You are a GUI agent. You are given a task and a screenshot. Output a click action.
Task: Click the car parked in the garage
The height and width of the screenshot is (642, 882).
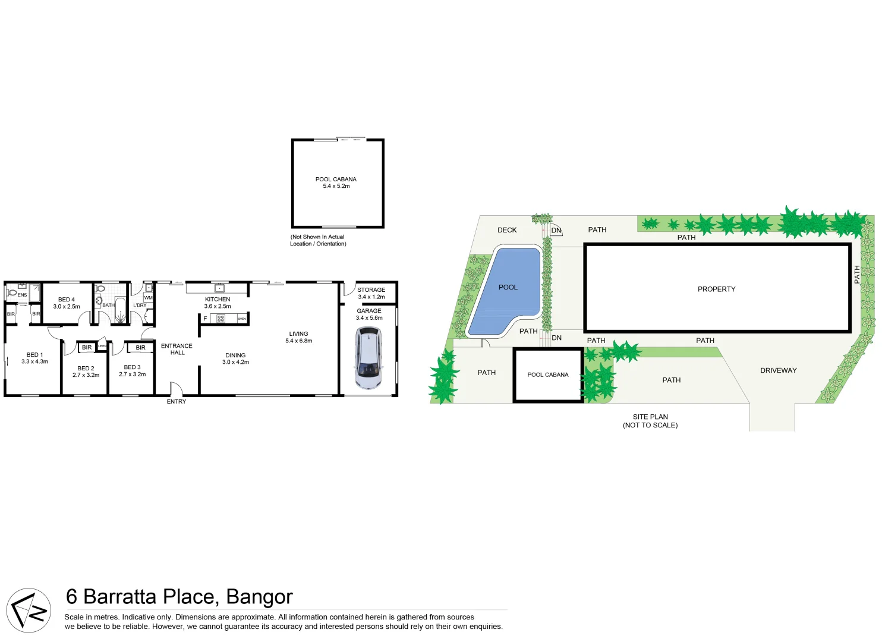click(x=368, y=358)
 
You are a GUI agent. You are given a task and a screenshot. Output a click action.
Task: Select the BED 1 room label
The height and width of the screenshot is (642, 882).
click(x=34, y=355)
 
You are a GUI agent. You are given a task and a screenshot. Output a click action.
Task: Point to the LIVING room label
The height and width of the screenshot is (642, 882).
click(x=298, y=334)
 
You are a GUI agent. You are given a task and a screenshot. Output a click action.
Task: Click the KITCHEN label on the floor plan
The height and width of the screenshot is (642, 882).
click(x=218, y=300)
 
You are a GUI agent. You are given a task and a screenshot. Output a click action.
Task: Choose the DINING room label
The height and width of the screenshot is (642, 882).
click(x=235, y=355)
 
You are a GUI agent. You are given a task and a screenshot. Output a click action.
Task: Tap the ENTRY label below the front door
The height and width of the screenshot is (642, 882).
click(x=177, y=402)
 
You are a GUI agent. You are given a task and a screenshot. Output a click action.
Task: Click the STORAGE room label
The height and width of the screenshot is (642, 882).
click(x=371, y=290)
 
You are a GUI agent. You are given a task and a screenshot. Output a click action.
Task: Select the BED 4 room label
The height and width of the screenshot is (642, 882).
click(x=67, y=300)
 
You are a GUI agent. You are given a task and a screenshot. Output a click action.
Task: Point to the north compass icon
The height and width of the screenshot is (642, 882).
click(x=29, y=610)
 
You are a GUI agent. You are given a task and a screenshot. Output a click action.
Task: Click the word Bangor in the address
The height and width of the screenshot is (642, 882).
click(x=259, y=597)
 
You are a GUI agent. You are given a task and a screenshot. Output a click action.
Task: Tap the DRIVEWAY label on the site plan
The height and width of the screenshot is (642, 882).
click(x=778, y=370)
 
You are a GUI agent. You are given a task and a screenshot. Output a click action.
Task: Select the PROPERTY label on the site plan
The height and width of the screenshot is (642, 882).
click(x=716, y=289)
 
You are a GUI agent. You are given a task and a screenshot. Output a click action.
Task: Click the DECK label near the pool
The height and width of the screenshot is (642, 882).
click(x=507, y=230)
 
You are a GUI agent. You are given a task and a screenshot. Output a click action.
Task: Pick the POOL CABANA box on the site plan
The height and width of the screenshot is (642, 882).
click(x=548, y=375)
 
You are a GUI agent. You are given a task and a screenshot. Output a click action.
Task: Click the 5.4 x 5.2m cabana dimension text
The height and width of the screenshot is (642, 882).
click(x=336, y=186)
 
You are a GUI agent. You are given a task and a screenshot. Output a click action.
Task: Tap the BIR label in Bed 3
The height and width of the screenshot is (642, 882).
click(x=140, y=348)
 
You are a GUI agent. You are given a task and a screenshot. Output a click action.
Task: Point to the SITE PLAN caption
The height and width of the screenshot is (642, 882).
click(x=650, y=417)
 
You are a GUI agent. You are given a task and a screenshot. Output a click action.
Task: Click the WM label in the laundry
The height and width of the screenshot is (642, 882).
click(x=148, y=298)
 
